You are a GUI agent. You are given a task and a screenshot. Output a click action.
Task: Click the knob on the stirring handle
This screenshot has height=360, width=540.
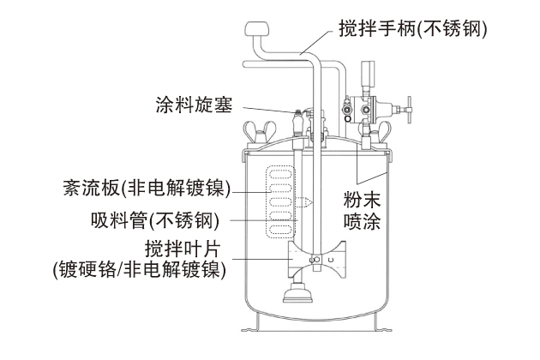255,32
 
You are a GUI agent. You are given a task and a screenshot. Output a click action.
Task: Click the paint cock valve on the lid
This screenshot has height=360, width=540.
297,119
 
